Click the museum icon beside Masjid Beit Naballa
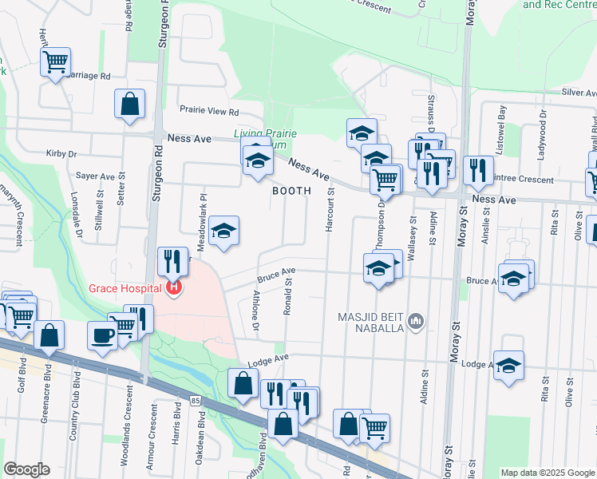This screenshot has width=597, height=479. point(415,321)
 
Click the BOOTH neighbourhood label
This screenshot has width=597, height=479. point(291,192)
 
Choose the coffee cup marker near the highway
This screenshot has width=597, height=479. point(101,335)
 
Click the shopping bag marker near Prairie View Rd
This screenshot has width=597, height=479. point(129,105)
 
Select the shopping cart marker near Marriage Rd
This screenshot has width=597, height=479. point(55,61)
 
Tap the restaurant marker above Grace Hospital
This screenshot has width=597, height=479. point(172,259)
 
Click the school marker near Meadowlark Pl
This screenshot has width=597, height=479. point(224,232)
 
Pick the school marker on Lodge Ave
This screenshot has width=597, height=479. point(508,366)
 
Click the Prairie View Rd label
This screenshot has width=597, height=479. point(209,112)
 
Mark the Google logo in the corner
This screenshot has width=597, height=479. point(26,469)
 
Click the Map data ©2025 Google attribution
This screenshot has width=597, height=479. point(547,473)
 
